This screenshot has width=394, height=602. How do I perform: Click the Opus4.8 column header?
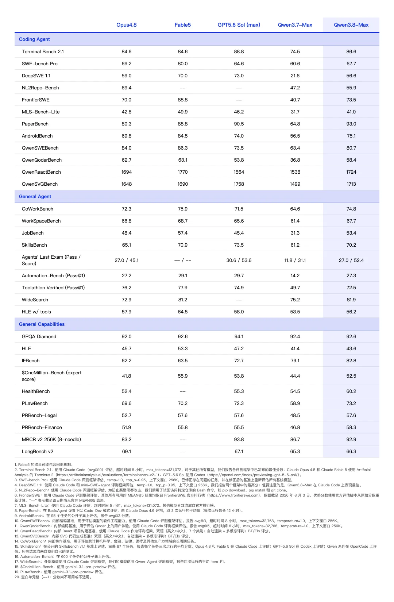click(126, 25)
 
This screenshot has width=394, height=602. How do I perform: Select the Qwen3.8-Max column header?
click(351, 25)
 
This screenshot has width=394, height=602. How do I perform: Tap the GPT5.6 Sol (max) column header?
click(239, 25)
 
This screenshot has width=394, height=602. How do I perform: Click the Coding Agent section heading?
click(34, 39)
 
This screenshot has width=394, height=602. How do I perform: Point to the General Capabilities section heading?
click(42, 324)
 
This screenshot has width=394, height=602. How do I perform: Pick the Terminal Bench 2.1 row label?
click(43, 51)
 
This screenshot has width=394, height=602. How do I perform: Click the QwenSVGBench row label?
click(40, 184)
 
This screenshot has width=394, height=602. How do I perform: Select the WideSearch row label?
click(35, 300)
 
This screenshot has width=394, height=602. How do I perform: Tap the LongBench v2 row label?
click(38, 452)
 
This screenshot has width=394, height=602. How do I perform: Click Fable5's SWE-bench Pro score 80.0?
click(183, 64)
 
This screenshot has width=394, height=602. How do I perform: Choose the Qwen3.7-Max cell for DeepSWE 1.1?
click(295, 76)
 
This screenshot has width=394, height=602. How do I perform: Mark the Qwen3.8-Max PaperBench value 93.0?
click(351, 124)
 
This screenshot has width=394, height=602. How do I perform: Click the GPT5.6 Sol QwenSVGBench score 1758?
click(239, 184)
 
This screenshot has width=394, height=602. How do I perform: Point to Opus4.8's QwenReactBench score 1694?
click(126, 172)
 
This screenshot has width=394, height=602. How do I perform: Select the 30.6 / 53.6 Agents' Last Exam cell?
click(239, 260)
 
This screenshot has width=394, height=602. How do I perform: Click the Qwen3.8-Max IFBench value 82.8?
click(351, 361)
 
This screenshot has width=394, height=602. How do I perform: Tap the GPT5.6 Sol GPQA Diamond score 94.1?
click(239, 336)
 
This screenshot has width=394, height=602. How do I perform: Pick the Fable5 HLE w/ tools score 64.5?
click(183, 312)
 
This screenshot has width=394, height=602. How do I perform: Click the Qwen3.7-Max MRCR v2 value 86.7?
click(295, 439)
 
